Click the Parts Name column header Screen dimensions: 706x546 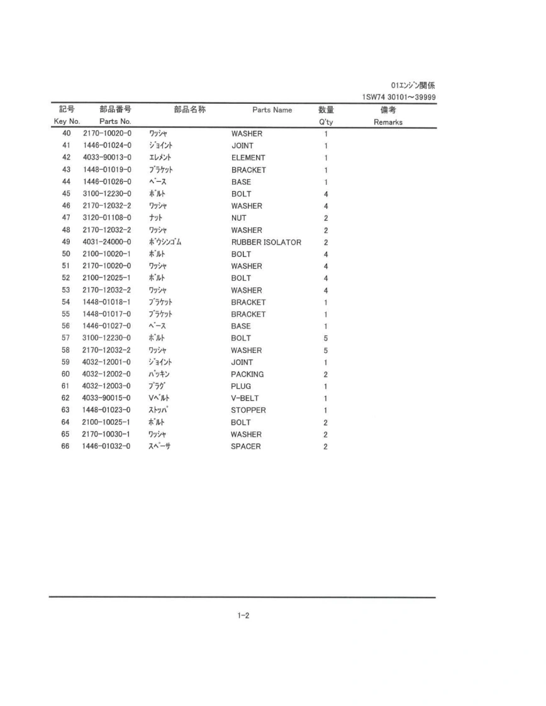(272, 110)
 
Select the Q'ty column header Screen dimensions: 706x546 (326, 122)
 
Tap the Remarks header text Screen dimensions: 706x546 (387, 122)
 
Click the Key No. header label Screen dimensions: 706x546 (67, 121)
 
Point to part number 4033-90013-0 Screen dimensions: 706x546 (106, 158)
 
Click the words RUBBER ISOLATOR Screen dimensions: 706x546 (266, 242)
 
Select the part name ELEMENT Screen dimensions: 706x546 (248, 158)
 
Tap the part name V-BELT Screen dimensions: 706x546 (245, 398)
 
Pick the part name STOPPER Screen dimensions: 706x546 (248, 410)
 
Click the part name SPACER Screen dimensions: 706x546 (245, 447)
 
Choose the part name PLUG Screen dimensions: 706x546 (241, 386)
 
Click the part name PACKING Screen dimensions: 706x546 (247, 374)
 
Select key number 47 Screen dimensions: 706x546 (65, 218)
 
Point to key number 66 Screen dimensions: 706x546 (65, 447)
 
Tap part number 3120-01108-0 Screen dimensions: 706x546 (106, 218)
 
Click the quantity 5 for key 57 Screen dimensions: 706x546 (326, 339)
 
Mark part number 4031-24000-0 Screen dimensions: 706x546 (106, 242)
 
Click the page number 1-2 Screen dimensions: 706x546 (243, 616)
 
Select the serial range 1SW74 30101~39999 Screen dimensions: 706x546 (399, 97)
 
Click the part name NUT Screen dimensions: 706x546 (238, 218)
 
